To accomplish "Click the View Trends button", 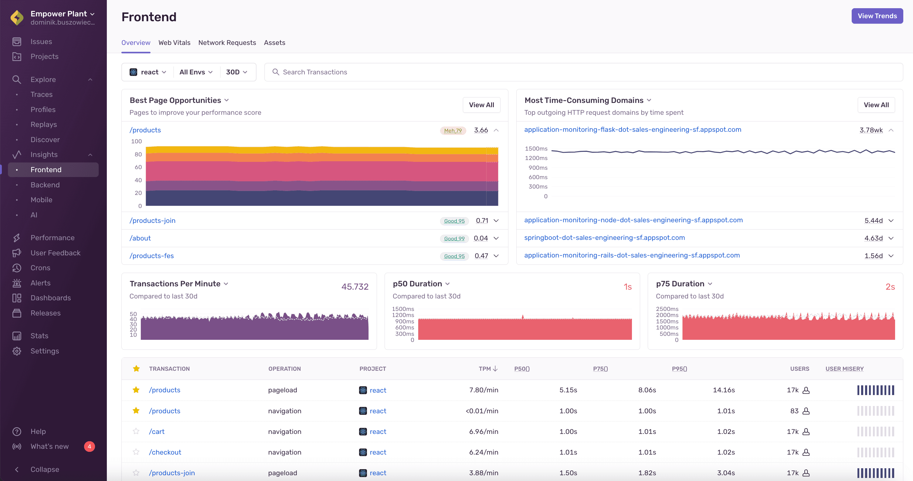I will pyautogui.click(x=877, y=16).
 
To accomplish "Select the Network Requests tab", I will pyautogui.click(x=227, y=43).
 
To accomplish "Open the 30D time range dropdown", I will pyautogui.click(x=236, y=72).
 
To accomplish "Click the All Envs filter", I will pyautogui.click(x=196, y=72).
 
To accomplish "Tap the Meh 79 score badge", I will pyautogui.click(x=453, y=131).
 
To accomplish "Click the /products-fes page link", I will pyautogui.click(x=152, y=256).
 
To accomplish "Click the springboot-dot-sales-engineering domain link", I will pyautogui.click(x=604, y=237).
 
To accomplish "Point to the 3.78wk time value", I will pyautogui.click(x=871, y=130).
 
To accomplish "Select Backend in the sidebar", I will pyautogui.click(x=45, y=185).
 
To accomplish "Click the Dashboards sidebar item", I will pyautogui.click(x=51, y=298).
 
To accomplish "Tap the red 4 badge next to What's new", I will pyautogui.click(x=89, y=446).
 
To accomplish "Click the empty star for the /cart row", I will pyautogui.click(x=136, y=432).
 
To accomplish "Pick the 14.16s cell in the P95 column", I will pyautogui.click(x=723, y=390).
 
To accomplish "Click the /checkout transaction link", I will pyautogui.click(x=165, y=452).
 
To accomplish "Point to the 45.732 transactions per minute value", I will pyautogui.click(x=355, y=286).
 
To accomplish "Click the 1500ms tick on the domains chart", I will pyautogui.click(x=536, y=148).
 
